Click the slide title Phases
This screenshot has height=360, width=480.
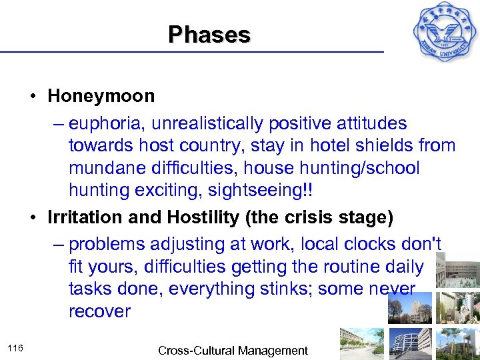point(209,34)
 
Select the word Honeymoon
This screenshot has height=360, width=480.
point(101,96)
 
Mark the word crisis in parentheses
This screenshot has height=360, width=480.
point(301,218)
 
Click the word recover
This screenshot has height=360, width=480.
point(99,312)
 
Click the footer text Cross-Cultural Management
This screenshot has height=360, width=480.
point(233,351)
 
